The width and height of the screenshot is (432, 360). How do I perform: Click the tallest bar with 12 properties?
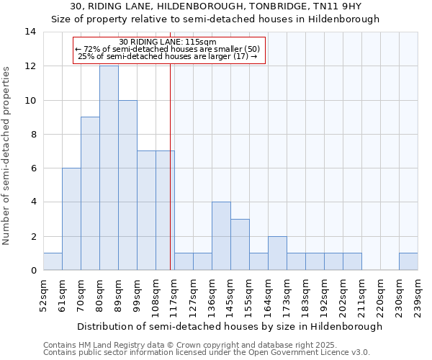[x=109, y=168]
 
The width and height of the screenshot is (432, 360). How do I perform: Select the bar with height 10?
[x=127, y=185]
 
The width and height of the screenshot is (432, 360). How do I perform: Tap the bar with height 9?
[x=90, y=194]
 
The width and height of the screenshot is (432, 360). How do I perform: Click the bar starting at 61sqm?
[x=71, y=219]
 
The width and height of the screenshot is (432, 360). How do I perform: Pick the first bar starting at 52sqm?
[x=53, y=261]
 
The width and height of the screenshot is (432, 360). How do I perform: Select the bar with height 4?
[x=221, y=236]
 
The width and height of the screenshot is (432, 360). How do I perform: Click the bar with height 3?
[x=240, y=245]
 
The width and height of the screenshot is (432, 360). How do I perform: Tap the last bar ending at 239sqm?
[x=408, y=261]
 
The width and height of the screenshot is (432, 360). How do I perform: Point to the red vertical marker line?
[x=170, y=180]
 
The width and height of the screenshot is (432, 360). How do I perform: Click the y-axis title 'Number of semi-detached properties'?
[x=7, y=156]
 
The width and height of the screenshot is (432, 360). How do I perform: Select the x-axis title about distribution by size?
[x=230, y=326]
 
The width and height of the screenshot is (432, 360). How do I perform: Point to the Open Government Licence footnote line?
[x=207, y=353]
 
